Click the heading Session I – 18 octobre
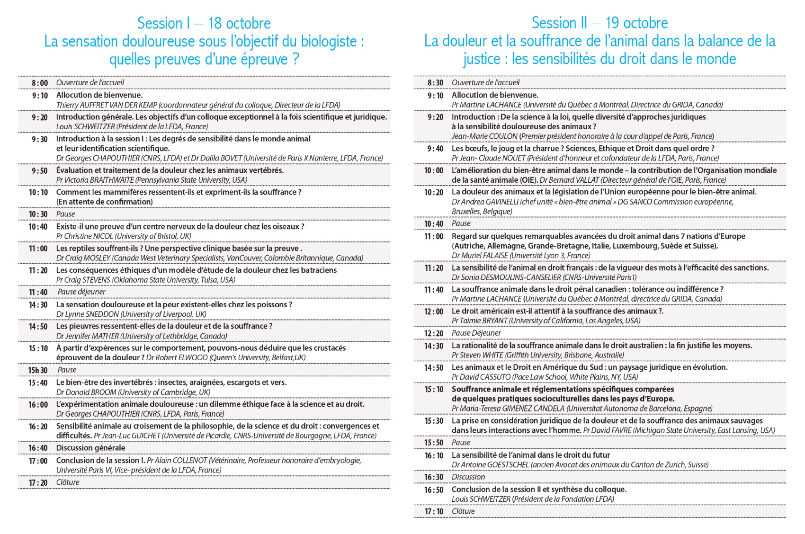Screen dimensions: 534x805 (x=204, y=23)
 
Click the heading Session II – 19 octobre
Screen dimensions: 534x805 (x=599, y=23)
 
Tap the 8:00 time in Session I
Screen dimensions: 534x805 (x=40, y=83)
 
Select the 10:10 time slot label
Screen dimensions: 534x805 (x=38, y=192)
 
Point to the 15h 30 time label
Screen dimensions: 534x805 (x=38, y=370)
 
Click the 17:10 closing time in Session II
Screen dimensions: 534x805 (x=434, y=511)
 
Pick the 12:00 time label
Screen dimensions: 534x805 (x=434, y=311)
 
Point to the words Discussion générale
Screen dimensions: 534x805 (x=90, y=448)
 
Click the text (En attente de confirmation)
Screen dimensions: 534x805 (x=104, y=202)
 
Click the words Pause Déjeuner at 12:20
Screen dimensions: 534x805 (x=476, y=333)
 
